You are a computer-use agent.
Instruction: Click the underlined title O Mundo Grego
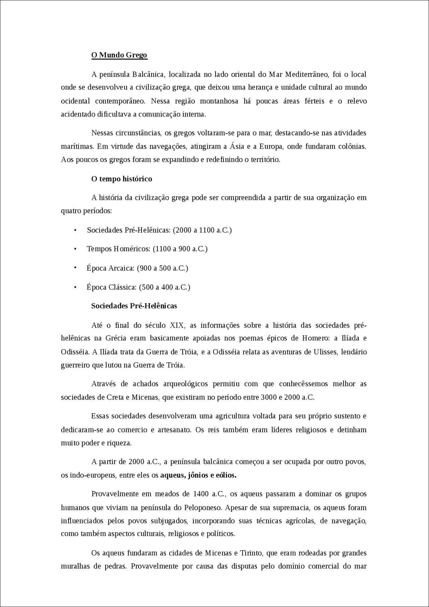[119, 55]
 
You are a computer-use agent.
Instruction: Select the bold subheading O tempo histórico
[122, 179]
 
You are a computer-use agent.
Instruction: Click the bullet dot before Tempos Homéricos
[75, 249]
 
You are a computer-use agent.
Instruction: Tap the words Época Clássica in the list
[111, 287]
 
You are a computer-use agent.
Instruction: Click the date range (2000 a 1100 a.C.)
[202, 230]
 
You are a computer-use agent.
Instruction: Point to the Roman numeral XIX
[177, 325]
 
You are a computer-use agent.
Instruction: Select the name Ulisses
[326, 352]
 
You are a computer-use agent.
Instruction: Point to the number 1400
[201, 494]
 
